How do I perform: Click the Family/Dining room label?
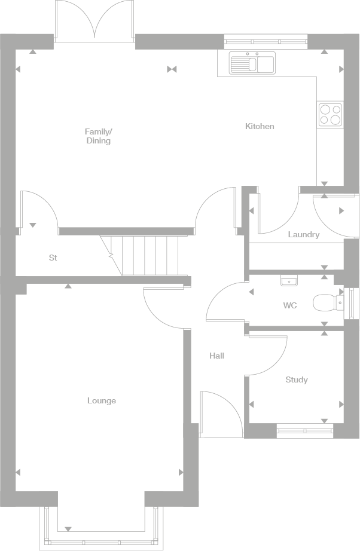pos(98,136)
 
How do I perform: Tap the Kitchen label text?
pos(260,127)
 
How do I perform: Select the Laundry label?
pos(303,235)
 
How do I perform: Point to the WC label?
pos(290,306)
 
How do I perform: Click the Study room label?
pos(297,380)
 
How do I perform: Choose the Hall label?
pos(216,356)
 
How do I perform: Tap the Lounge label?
pos(102,401)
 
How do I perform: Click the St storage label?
pos(53,258)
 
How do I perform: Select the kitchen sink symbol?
pos(251,63)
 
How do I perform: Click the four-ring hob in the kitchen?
pos(330,114)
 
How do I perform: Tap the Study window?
pos(305,428)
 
